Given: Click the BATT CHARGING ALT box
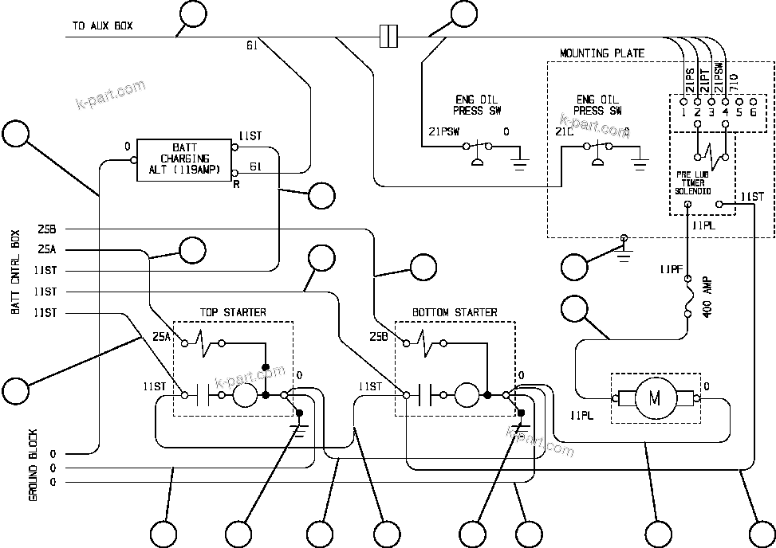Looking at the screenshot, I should click(183, 157).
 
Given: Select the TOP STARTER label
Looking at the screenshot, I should click(233, 312).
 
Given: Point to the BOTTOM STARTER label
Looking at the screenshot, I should click(455, 312).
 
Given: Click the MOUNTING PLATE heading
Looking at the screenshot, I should click(601, 53).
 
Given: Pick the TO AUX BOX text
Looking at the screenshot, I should click(102, 25).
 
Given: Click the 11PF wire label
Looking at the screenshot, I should click(671, 269).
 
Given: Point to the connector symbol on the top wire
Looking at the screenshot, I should click(388, 35).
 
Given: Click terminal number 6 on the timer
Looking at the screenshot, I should click(753, 112).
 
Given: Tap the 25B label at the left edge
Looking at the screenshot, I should click(45, 229).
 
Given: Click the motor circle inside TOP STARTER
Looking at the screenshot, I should click(245, 394).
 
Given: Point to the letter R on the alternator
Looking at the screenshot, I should click(236, 182).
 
